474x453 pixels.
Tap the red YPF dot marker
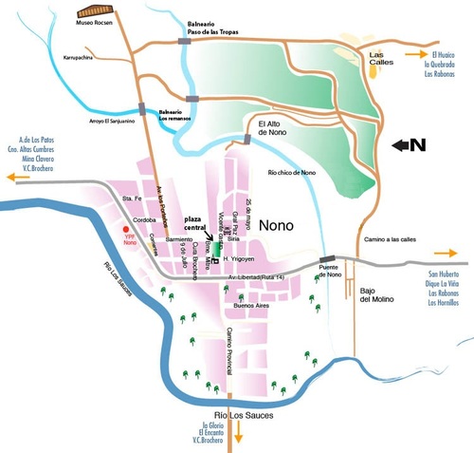pyautogui.click(x=125, y=229)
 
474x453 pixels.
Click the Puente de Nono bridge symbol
pyautogui.click(x=328, y=258)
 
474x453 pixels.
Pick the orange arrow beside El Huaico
pyautogui.click(x=415, y=54)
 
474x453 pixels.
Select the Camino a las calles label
pyautogui.click(x=392, y=238)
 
